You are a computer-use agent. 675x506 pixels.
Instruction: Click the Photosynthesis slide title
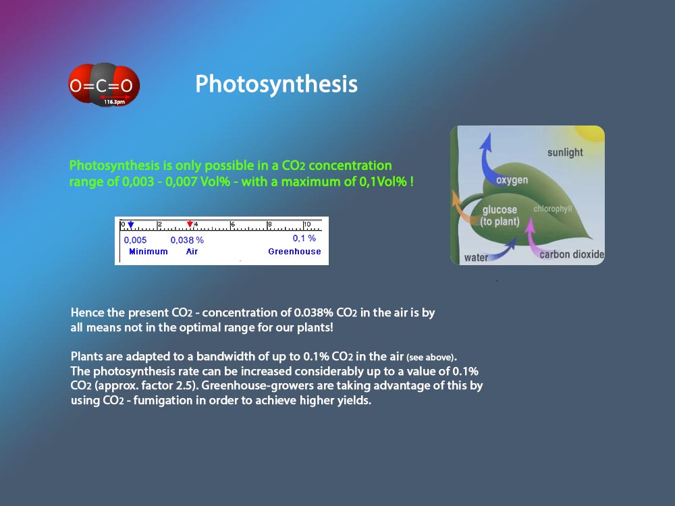[x=276, y=84]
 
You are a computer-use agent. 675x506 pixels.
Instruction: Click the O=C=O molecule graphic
[x=104, y=85]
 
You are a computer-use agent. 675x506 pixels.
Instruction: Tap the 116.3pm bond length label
[x=114, y=102]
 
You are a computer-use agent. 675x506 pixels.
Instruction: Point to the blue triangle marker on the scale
[x=131, y=225]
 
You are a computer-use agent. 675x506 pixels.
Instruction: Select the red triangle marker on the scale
[x=190, y=224]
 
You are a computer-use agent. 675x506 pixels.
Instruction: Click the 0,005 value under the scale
[x=135, y=240]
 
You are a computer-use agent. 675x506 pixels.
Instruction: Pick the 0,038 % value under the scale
[x=187, y=240]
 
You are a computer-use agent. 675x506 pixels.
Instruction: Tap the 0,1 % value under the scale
[x=304, y=238]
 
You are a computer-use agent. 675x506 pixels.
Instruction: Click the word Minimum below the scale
[x=148, y=251]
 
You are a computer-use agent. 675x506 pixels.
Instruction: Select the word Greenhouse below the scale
[x=294, y=251]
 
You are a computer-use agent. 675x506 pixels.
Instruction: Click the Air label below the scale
[x=192, y=251]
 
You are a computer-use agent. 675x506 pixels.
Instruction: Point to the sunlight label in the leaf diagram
[x=565, y=152]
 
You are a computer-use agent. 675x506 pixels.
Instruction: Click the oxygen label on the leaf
[x=512, y=180]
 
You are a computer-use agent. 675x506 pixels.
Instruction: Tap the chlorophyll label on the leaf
[x=553, y=208]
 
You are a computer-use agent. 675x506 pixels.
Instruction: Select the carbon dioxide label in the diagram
[x=572, y=254]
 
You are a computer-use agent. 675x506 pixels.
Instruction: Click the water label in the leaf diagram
[x=476, y=258]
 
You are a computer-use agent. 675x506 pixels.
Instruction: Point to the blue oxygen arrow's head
[x=487, y=141]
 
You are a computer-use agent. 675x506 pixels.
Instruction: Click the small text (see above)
[x=431, y=358]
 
